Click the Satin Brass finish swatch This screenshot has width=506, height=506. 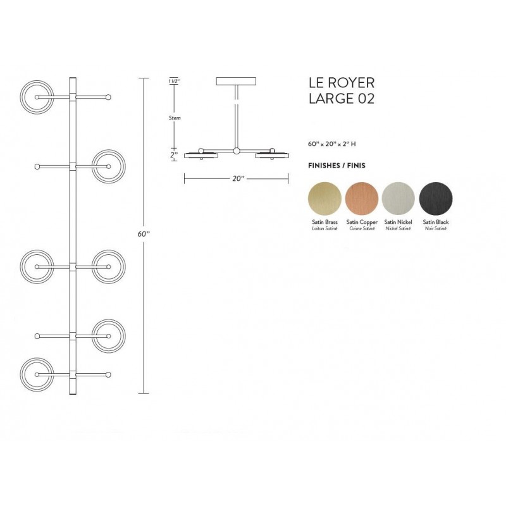[324, 198]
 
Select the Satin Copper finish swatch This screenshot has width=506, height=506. [361, 198]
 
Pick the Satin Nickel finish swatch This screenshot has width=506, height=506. [398, 198]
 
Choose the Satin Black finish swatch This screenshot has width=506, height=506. [436, 198]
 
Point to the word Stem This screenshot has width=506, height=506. [175, 118]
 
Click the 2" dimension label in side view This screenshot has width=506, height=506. [174, 154]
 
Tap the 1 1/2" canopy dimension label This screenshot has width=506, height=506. [173, 81]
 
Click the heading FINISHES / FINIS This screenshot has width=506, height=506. [336, 166]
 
